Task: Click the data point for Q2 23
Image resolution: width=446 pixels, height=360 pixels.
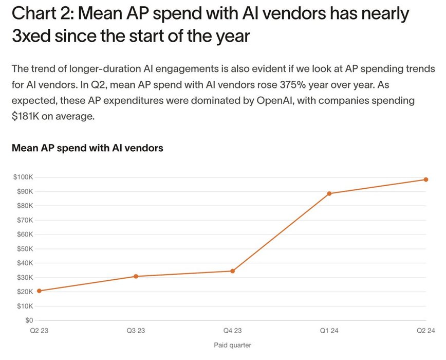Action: (x=40, y=291)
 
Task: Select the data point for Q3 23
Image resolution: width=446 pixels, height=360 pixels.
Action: (x=136, y=276)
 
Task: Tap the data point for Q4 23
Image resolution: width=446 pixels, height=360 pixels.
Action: (x=233, y=271)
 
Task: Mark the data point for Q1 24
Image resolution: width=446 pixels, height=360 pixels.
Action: (x=329, y=193)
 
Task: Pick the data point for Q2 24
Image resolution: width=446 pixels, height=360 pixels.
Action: (x=426, y=179)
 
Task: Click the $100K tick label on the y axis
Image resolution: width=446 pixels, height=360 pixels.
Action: (x=23, y=177)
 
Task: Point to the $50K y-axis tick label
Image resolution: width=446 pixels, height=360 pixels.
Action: (x=24, y=248)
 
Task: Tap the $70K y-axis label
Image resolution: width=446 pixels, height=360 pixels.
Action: (x=24, y=220)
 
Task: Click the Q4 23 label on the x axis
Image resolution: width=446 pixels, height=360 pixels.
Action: (x=233, y=331)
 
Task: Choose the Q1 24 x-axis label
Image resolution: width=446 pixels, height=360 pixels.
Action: (x=329, y=331)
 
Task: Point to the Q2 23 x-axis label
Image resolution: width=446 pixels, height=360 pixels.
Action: (x=40, y=331)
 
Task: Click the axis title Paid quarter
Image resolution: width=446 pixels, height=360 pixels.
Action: (x=233, y=345)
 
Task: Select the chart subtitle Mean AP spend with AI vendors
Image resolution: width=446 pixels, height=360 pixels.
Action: (x=87, y=148)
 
